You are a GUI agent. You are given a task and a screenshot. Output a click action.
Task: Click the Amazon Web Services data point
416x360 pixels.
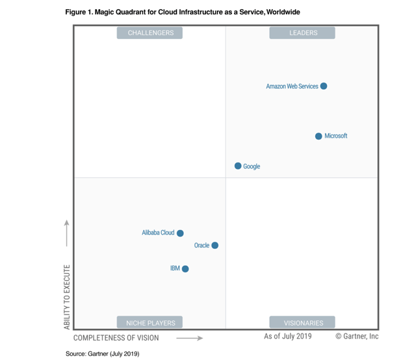[324, 86]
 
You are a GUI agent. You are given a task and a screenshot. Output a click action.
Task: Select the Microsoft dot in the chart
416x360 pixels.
[318, 136]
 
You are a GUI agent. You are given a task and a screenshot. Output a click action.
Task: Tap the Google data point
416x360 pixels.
[238, 166]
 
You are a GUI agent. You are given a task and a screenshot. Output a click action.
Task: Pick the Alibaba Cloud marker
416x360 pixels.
[180, 233]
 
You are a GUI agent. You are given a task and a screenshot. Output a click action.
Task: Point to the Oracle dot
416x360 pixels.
[215, 246]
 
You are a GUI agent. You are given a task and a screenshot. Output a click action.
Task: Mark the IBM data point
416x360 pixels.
[185, 269]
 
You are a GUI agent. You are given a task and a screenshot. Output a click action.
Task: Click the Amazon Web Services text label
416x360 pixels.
[292, 86]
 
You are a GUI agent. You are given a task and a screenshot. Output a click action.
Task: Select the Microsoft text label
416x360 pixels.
[336, 136]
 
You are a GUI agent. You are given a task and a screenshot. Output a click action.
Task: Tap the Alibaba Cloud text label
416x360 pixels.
[158, 233]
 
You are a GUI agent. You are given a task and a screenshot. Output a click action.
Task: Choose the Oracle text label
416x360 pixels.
[201, 246]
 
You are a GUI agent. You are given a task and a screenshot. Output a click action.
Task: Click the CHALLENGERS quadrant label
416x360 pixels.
[149, 32]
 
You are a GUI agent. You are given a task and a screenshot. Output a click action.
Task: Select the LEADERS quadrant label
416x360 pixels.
[302, 32]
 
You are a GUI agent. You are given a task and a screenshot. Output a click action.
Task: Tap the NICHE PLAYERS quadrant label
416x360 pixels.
[149, 322]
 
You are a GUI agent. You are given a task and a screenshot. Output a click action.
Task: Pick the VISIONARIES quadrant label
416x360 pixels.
[302, 322]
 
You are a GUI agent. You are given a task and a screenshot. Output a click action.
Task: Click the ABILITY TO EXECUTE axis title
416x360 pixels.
[67, 296]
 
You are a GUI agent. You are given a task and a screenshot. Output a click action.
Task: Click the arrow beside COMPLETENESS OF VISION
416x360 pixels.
[189, 338]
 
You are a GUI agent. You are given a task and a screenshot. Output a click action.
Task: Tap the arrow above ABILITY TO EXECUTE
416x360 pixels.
[66, 233]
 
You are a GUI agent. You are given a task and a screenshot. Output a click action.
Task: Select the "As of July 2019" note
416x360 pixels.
[287, 337]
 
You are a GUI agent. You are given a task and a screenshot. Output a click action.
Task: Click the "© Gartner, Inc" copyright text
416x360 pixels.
[357, 337]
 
